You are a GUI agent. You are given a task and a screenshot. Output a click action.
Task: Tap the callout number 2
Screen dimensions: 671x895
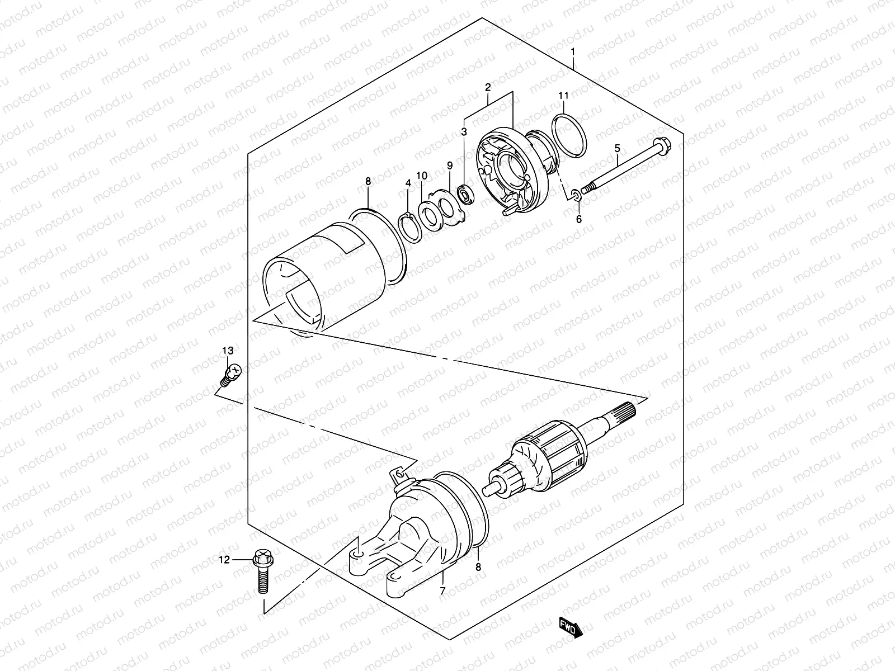[488, 87]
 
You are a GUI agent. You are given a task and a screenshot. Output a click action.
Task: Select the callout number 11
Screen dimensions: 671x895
[563, 96]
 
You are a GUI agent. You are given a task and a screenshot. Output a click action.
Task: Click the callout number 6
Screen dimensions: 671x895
[579, 219]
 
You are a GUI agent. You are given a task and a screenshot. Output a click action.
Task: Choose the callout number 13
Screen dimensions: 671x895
[227, 351]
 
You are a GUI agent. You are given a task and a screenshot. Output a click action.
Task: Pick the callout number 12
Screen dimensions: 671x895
[224, 560]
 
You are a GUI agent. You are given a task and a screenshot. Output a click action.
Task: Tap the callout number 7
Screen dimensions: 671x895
[442, 590]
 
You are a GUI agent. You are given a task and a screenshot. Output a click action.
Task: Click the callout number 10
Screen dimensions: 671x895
[422, 176]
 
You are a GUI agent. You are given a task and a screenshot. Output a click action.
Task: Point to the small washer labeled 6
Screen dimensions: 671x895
[577, 195]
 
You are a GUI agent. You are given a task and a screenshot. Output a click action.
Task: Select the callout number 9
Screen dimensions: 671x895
[449, 166]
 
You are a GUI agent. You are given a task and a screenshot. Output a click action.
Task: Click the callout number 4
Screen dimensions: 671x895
[408, 183]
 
